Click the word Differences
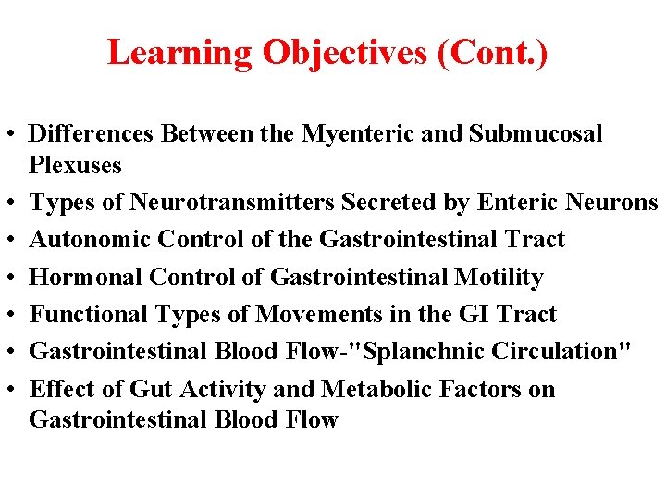[x=92, y=134]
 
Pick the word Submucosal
[x=536, y=134]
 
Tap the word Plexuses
[x=76, y=165]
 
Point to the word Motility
[x=499, y=277]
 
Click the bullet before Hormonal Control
[x=11, y=278]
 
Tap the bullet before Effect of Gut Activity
[x=11, y=390]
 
